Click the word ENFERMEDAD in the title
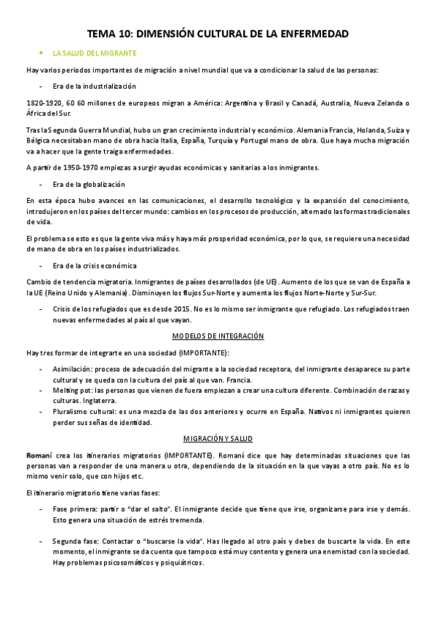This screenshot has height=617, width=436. [308, 33]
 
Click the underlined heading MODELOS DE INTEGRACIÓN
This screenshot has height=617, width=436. [218, 336]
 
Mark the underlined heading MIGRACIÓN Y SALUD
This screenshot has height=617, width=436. [218, 439]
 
